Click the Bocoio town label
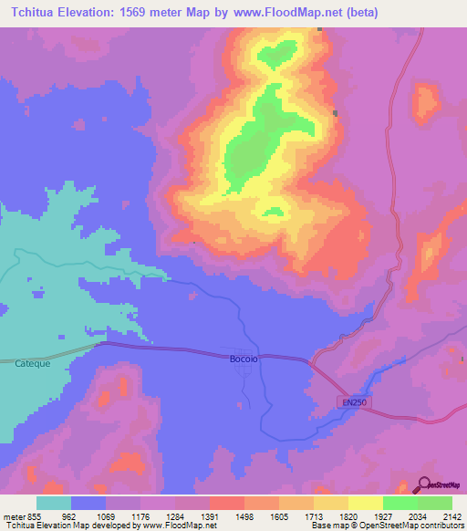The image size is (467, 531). click(x=244, y=359)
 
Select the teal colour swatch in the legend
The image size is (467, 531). click(x=54, y=503)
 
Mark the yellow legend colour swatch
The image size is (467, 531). click(x=366, y=503)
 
